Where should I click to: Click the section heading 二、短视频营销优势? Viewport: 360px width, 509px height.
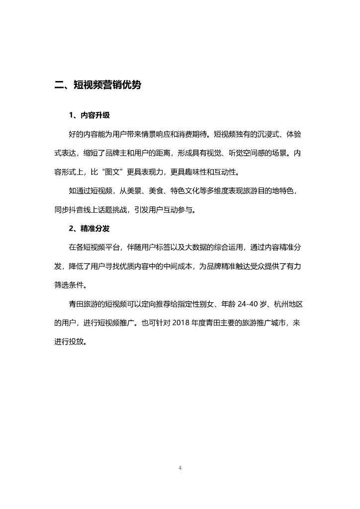[97, 85]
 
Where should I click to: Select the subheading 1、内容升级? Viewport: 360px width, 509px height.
[89, 115]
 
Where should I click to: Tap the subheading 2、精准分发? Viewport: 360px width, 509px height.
[89, 229]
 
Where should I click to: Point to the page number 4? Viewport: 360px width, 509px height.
[180, 468]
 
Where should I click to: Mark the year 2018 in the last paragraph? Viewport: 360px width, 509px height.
[181, 323]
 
